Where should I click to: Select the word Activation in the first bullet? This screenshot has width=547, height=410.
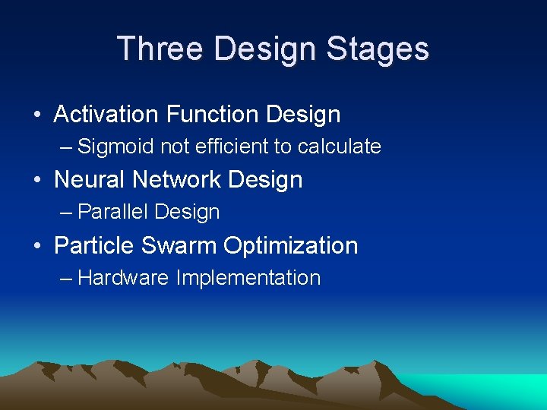(x=106, y=115)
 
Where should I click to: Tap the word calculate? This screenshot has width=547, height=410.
(x=339, y=147)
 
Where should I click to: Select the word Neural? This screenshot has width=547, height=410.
(x=90, y=180)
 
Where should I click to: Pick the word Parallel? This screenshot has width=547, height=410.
(x=110, y=213)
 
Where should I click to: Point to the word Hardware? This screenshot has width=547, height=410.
(x=122, y=278)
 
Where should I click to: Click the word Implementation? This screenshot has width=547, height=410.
(x=248, y=278)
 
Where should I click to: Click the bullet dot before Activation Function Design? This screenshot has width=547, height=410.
(x=37, y=115)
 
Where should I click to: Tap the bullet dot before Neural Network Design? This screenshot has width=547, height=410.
(x=37, y=181)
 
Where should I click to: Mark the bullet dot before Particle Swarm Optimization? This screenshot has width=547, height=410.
(x=37, y=247)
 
